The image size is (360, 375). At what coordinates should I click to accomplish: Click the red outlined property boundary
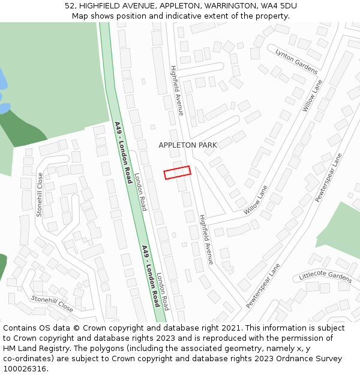(x=178, y=172)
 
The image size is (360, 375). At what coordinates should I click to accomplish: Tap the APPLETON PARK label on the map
(x=188, y=145)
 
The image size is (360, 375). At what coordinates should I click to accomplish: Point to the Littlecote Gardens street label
(x=325, y=277)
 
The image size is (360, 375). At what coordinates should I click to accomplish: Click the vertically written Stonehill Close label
(x=40, y=195)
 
